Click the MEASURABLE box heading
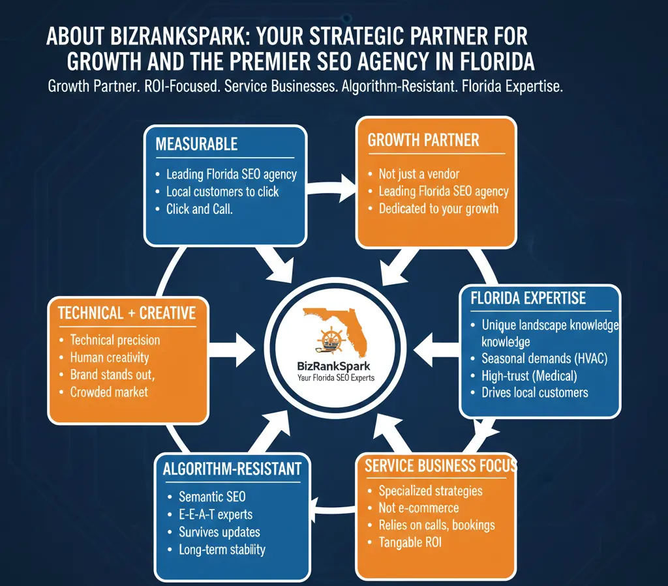(196, 144)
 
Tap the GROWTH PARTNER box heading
(423, 140)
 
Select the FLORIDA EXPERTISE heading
(528, 299)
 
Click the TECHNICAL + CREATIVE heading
(127, 313)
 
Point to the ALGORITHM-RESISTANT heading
(232, 468)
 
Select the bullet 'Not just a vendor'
(419, 174)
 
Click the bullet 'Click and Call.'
(200, 209)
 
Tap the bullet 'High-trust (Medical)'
(529, 375)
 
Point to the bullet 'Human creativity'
(110, 357)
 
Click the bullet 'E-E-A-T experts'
(215, 514)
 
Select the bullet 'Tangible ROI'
(410, 542)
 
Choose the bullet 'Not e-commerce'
(418, 508)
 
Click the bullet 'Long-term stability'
(222, 549)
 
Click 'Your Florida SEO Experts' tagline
(335, 378)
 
